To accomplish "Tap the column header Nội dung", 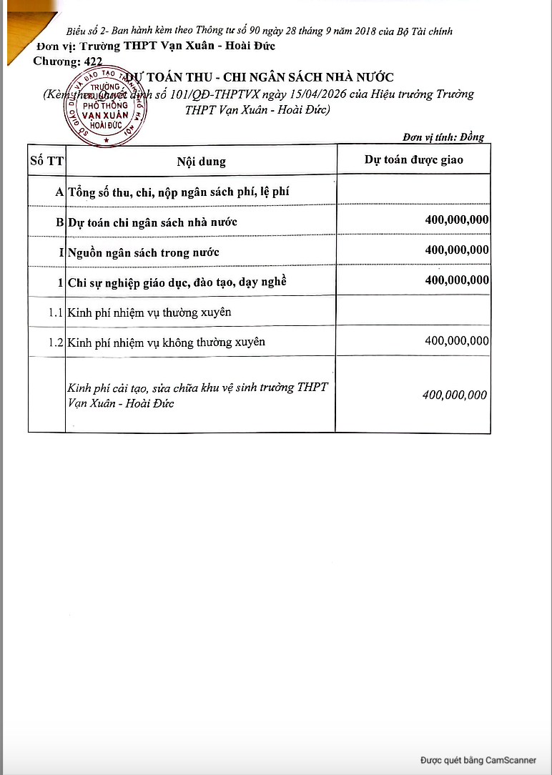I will click(x=201, y=161).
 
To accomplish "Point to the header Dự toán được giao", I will click(x=413, y=159).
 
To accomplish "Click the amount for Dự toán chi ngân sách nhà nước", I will click(x=457, y=219).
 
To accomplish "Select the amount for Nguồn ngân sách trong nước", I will click(x=457, y=250).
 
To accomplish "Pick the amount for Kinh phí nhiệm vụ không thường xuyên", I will click(x=457, y=341).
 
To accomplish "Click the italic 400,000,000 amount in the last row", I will click(x=455, y=395).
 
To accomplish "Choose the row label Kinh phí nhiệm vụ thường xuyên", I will click(x=149, y=312).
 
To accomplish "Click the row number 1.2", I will click(x=56, y=342).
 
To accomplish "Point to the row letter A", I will click(x=59, y=192).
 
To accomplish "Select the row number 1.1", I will click(x=56, y=312).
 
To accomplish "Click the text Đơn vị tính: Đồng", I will click(x=443, y=137).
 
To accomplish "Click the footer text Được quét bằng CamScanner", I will click(x=478, y=760).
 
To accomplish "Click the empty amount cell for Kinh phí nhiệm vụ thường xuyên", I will click(x=413, y=312).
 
